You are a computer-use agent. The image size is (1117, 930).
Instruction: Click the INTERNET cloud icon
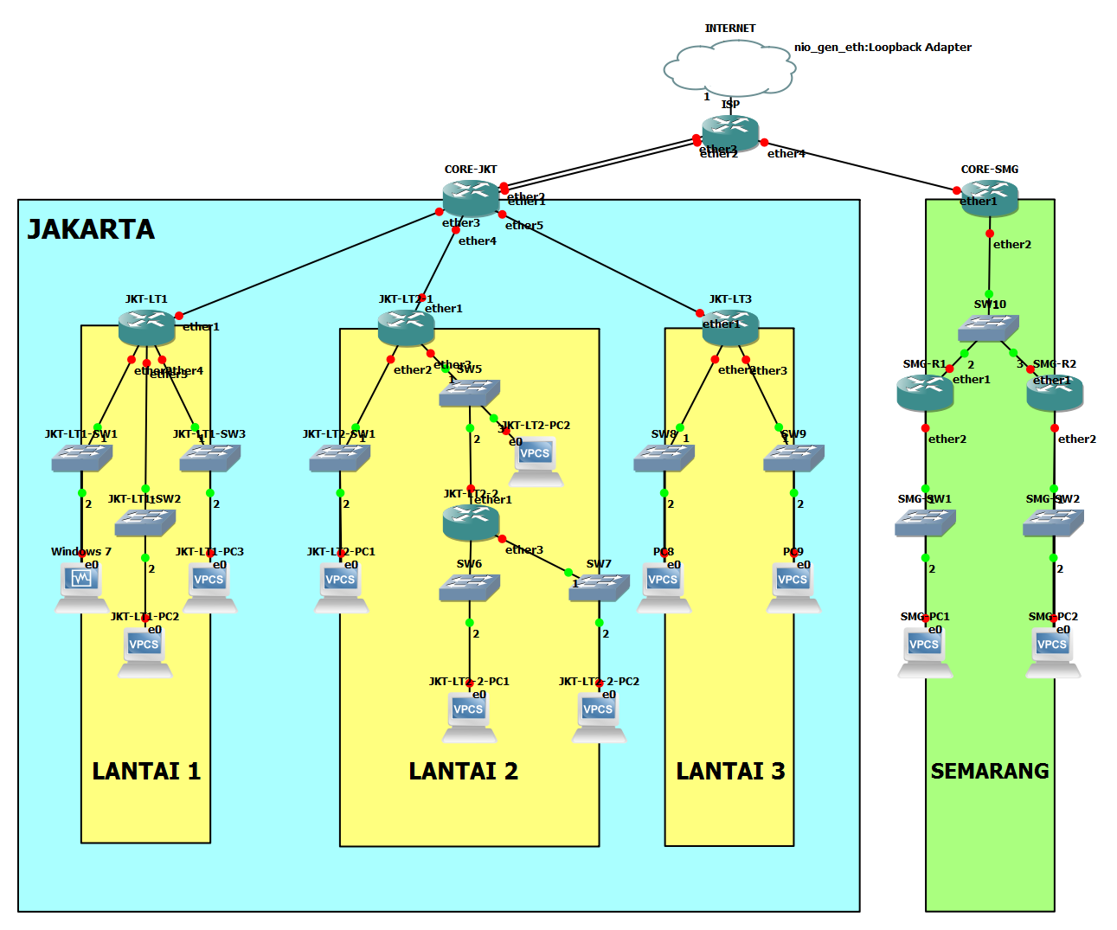729,69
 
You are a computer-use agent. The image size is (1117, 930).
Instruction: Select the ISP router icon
730,132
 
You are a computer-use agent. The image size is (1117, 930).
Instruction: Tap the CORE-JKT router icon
471,198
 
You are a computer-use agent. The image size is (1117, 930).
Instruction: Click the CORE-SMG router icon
989,198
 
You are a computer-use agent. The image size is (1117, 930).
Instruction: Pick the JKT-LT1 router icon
146,328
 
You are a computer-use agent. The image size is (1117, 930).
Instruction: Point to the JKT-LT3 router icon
730,328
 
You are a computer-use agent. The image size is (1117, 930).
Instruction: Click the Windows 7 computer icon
81,587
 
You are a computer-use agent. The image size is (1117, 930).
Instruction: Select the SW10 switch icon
988,328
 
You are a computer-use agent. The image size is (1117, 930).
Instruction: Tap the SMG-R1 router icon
925,393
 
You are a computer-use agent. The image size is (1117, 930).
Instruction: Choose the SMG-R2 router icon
1054,393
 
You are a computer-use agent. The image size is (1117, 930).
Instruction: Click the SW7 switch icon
599,588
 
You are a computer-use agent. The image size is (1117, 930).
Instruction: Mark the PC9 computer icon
793,587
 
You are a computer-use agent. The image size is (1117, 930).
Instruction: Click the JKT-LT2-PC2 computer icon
536,460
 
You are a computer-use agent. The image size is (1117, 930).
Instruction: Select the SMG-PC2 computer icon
1053,651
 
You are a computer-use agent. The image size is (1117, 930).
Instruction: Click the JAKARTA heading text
91,229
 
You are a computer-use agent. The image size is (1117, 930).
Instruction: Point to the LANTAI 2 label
463,771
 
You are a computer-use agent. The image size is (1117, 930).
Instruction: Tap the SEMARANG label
990,771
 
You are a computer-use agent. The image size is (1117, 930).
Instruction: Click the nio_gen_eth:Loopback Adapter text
883,48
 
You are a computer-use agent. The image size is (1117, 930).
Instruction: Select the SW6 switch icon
469,588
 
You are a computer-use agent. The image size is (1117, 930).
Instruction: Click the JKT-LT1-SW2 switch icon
145,523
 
